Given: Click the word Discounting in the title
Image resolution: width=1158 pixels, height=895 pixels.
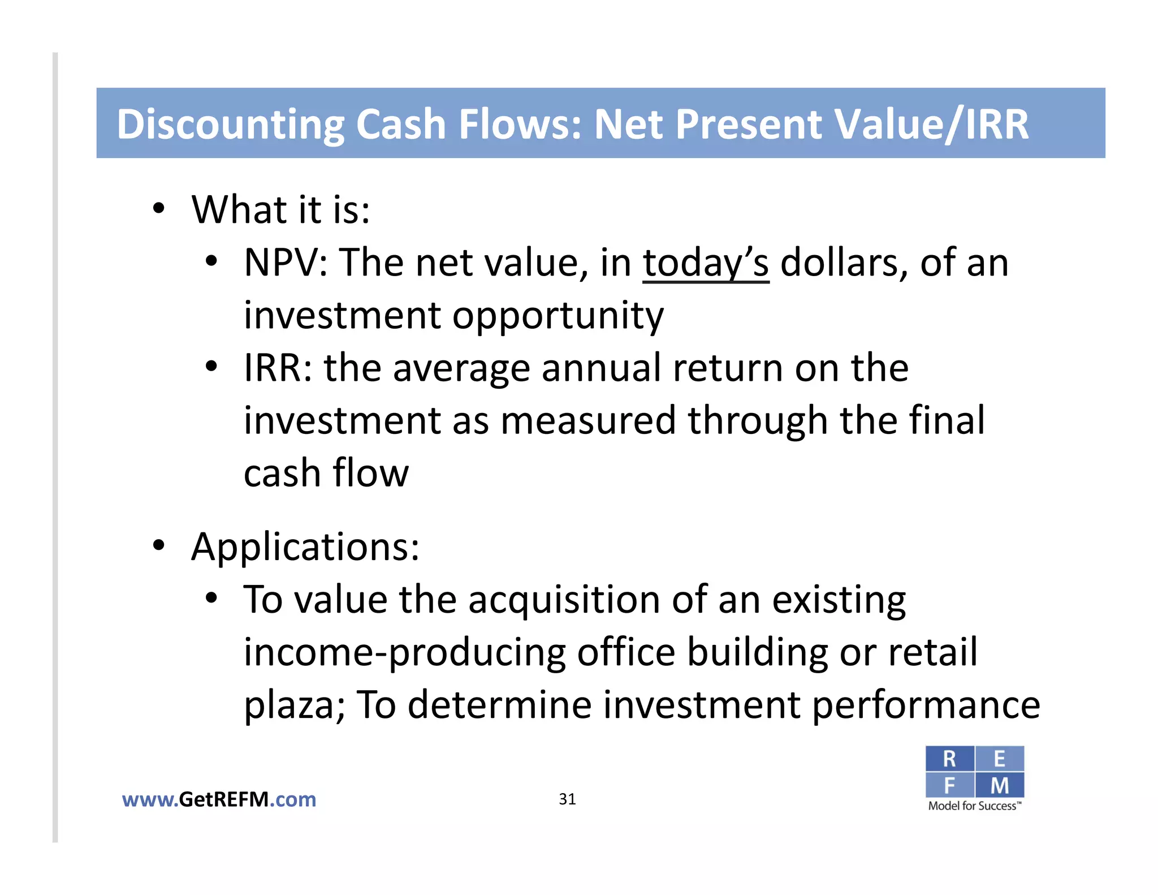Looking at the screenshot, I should pyautogui.click(x=230, y=124).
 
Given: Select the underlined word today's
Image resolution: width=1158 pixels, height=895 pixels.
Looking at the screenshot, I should pyautogui.click(x=706, y=264).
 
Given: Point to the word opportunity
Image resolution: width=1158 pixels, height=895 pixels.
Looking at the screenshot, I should pyautogui.click(x=558, y=316).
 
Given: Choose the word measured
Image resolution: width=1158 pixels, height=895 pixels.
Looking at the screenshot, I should pyautogui.click(x=588, y=421).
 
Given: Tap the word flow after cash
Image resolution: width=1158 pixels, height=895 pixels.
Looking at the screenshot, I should pyautogui.click(x=370, y=473).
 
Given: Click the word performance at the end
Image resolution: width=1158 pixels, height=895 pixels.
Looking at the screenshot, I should pyautogui.click(x=926, y=705).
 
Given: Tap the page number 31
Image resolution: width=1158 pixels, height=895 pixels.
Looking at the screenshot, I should pyautogui.click(x=567, y=799).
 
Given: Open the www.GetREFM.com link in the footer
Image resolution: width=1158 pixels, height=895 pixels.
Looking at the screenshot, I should pyautogui.click(x=219, y=799).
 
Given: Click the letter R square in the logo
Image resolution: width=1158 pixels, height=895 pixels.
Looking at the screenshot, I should pyautogui.click(x=949, y=759).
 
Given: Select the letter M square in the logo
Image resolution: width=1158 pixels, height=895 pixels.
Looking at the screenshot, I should pyautogui.click(x=1000, y=785).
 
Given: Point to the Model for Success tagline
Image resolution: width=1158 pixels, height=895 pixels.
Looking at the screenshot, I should pyautogui.click(x=974, y=806).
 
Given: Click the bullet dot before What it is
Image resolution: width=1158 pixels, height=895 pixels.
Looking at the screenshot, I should pyautogui.click(x=159, y=209).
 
